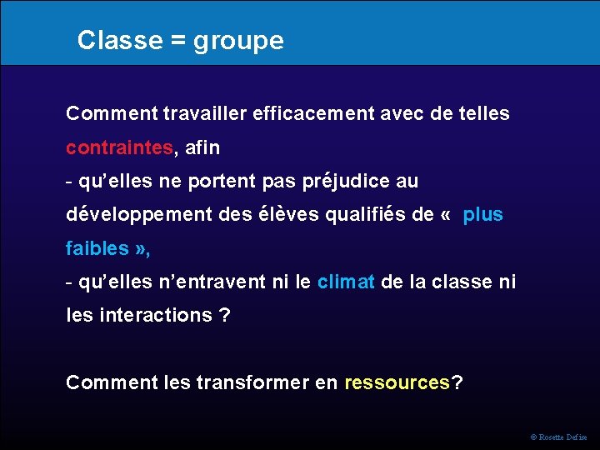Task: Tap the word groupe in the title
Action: (239, 42)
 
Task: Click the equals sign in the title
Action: (177, 40)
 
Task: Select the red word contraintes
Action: (120, 147)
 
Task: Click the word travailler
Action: (205, 112)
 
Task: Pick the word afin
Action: (202, 147)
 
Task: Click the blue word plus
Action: (483, 214)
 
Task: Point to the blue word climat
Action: (346, 282)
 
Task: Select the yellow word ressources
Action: (397, 382)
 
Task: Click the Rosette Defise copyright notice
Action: (558, 437)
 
